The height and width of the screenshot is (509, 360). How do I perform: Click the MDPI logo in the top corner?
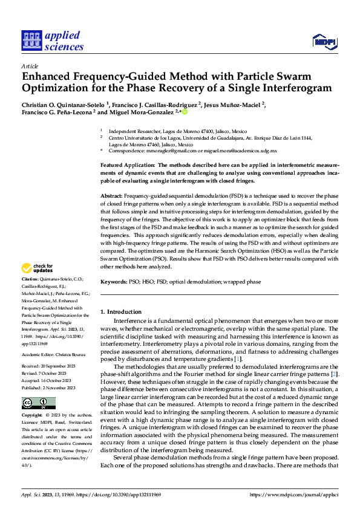(324, 41)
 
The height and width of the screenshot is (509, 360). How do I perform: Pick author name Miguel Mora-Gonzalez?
(141, 112)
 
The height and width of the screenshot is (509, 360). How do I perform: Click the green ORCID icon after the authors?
(185, 112)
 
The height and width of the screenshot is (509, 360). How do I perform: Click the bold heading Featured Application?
(127, 164)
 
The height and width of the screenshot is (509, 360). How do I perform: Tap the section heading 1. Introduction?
(120, 311)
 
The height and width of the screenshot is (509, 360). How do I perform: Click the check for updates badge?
(37, 268)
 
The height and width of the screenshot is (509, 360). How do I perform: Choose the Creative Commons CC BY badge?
(38, 403)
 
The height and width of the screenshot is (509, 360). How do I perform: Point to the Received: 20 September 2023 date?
(51, 367)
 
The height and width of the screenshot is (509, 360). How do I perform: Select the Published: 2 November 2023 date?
(50, 387)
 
